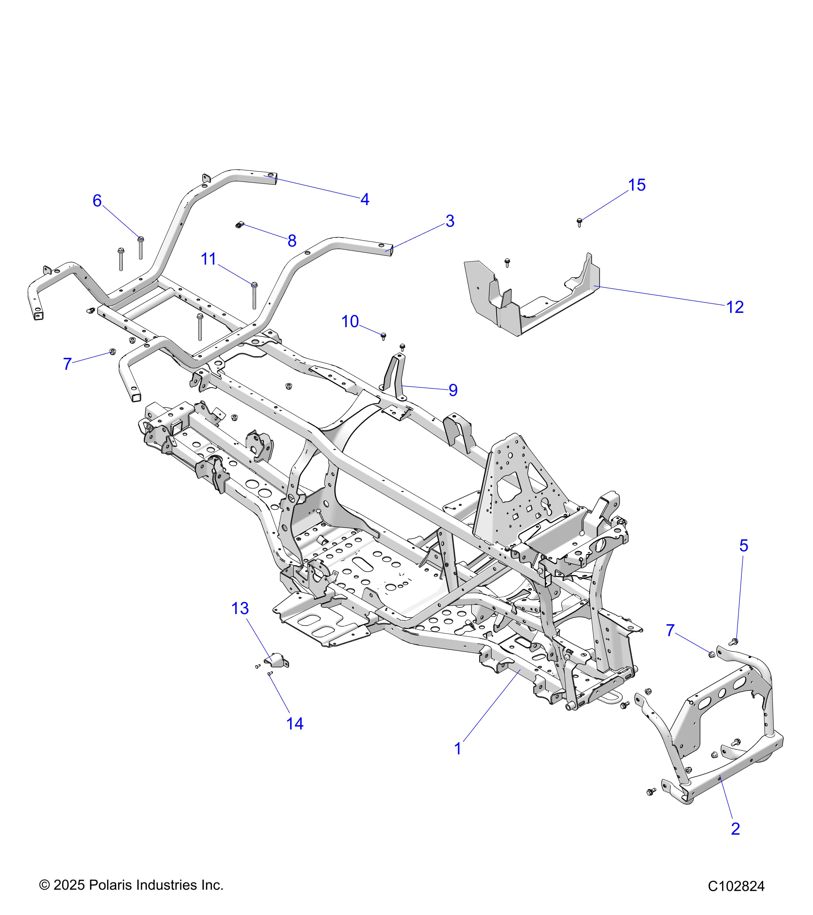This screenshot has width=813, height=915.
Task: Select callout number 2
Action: (735, 829)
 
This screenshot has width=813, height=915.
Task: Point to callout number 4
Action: (365, 199)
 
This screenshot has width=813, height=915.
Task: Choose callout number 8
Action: (292, 241)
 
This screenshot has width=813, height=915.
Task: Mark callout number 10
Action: (350, 322)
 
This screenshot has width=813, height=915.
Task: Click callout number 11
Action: (209, 259)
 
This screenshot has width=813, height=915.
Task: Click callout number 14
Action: (294, 723)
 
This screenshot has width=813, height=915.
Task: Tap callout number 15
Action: (637, 185)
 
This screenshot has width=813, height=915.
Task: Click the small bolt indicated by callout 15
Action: (580, 221)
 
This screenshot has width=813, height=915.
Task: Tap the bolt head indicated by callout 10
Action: (383, 335)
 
